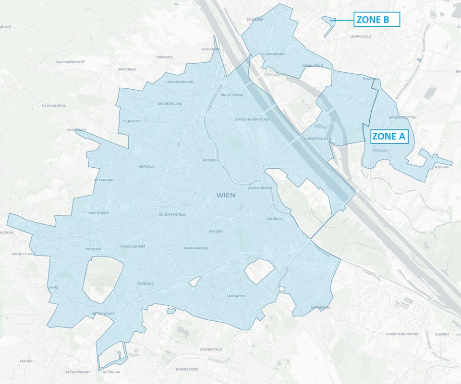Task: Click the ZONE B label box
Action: click(377, 20)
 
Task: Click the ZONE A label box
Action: click(389, 136)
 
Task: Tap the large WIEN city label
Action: click(226, 195)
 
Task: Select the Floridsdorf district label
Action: click(274, 54)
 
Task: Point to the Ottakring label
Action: click(104, 180)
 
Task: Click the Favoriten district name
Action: click(236, 296)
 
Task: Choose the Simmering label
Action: click(320, 307)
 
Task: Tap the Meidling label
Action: click(146, 283)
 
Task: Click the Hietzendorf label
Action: click(101, 314)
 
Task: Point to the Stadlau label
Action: click(380, 151)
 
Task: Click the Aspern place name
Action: click(441, 167)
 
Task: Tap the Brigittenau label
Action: click(232, 95)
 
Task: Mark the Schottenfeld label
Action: click(172, 214)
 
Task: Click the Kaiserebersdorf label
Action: click(402, 334)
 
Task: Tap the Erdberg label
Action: click(275, 219)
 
